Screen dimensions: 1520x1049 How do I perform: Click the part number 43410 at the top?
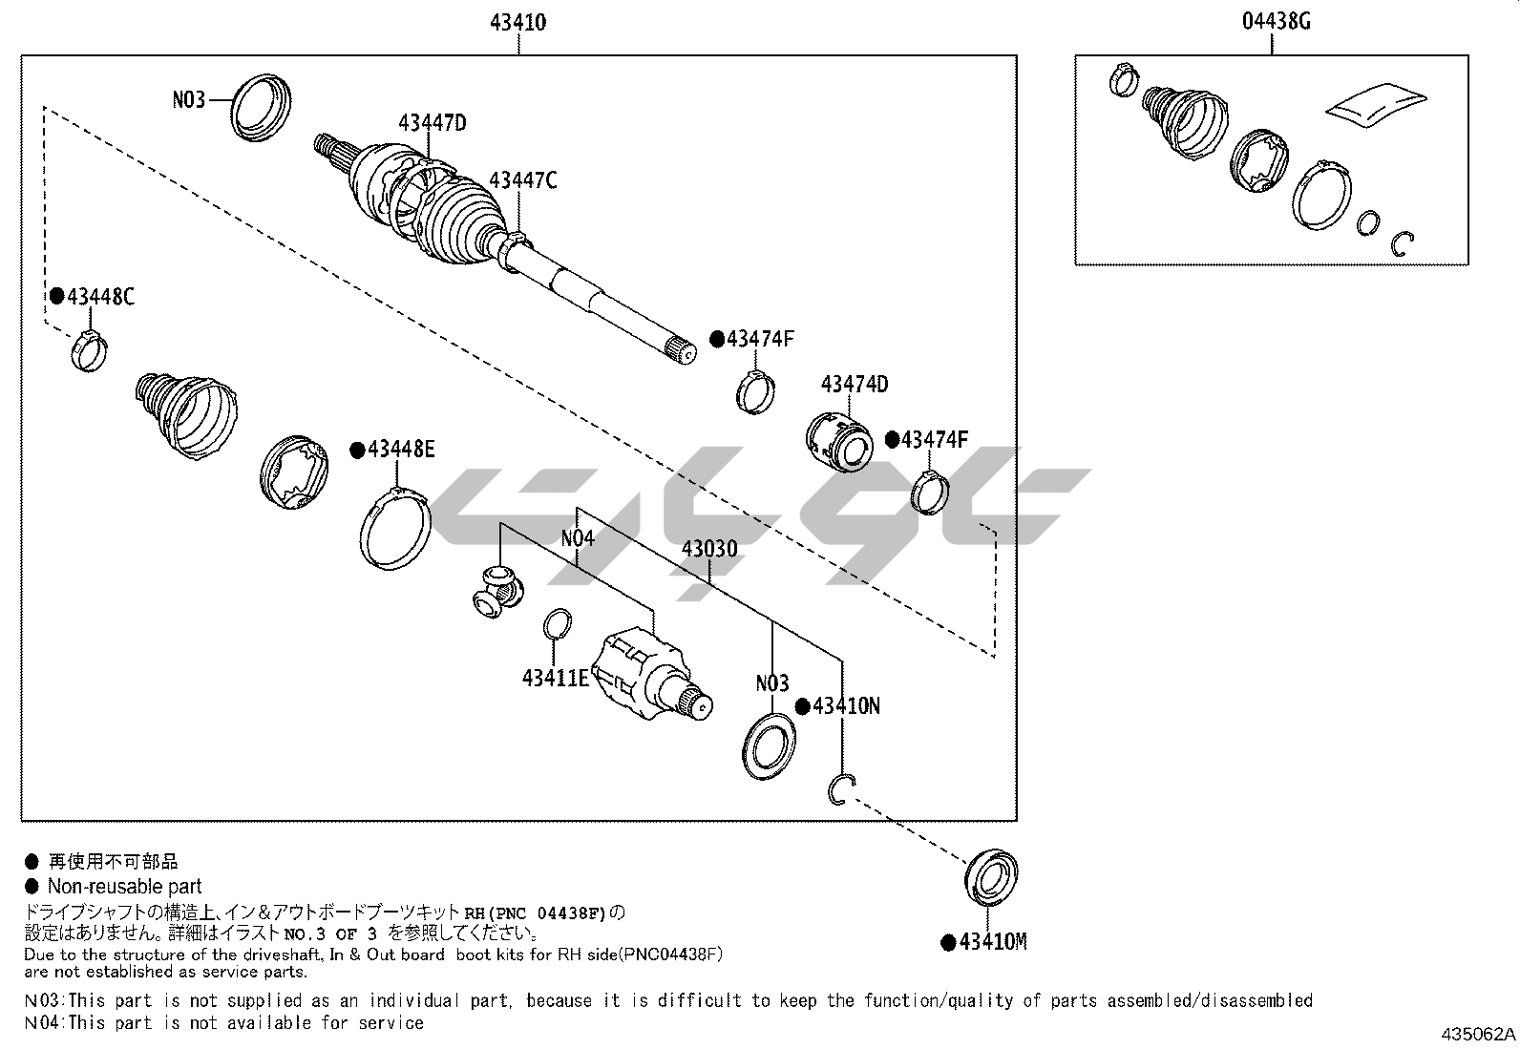(517, 22)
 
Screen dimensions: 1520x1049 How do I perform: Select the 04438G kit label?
(1276, 22)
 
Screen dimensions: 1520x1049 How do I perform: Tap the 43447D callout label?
(433, 123)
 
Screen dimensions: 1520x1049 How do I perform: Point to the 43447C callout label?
(522, 180)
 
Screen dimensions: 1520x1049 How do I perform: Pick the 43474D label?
(855, 384)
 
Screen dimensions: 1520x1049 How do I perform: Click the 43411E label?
(555, 678)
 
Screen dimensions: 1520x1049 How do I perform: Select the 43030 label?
(709, 548)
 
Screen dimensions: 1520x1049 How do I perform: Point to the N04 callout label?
(578, 538)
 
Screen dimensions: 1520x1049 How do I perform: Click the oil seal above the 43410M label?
(991, 876)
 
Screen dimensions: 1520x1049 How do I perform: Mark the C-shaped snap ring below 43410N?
(831, 791)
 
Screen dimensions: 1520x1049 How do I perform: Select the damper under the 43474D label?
(838, 442)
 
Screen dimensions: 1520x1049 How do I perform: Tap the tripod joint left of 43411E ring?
(498, 590)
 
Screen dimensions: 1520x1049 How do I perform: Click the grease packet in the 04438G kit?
(1376, 104)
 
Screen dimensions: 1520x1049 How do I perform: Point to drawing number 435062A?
(1478, 1034)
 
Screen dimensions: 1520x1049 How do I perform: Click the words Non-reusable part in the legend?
(125, 886)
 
